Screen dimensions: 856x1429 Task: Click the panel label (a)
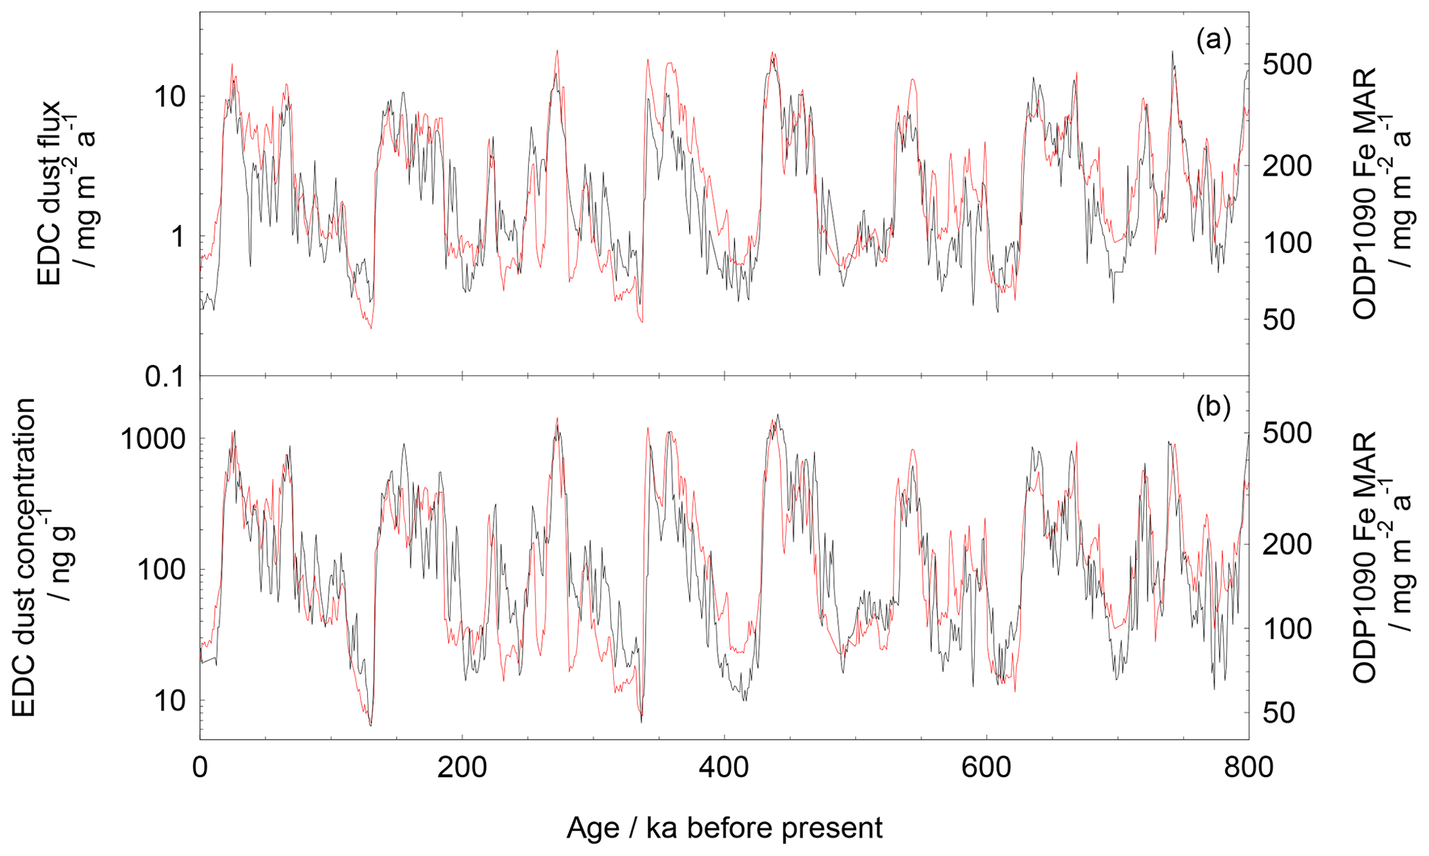1213,41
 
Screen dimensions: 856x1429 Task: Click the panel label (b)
1213,407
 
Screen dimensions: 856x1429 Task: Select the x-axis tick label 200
462,767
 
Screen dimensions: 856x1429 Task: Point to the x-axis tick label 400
724,767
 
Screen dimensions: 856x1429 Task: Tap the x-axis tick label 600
986,767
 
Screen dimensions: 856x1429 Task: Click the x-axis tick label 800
1248,767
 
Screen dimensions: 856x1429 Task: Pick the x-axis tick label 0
200,767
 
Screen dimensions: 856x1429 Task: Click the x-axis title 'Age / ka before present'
724,827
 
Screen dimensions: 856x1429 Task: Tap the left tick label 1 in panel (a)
178,236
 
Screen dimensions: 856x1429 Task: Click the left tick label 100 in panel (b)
162,570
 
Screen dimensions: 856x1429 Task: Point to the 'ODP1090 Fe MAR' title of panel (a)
1376,194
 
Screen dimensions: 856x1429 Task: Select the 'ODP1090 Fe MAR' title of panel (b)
1376,557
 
